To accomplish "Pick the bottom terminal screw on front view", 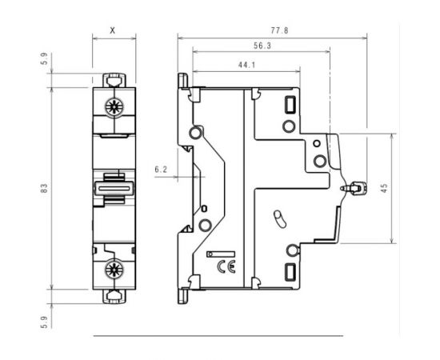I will [x=112, y=269].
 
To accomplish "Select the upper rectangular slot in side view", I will [x=290, y=104].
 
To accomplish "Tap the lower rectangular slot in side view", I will [x=290, y=272].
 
